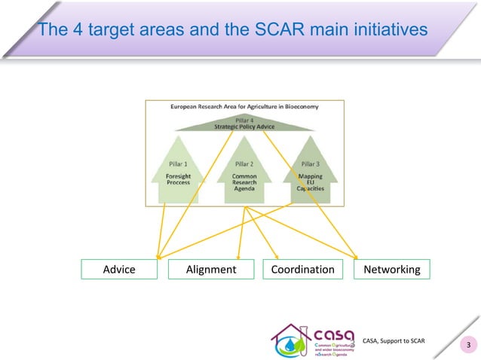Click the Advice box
(x=118, y=269)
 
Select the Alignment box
(x=210, y=269)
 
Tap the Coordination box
(x=302, y=269)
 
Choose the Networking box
(x=391, y=269)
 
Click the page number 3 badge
(x=468, y=346)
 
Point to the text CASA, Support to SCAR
(x=394, y=341)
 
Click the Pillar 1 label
(x=178, y=163)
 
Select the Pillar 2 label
(x=244, y=163)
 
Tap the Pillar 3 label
(x=309, y=163)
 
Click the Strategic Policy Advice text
(x=243, y=127)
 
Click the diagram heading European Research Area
(x=243, y=107)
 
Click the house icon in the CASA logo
(x=290, y=343)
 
